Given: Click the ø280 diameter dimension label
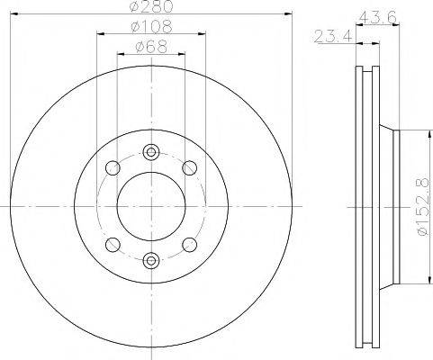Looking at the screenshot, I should click(x=150, y=7).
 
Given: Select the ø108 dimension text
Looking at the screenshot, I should click(x=150, y=28).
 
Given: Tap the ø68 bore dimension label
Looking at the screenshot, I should click(x=150, y=47).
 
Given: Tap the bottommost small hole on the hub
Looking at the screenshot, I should click(x=150, y=261).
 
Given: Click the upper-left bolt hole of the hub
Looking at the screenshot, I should click(x=112, y=167).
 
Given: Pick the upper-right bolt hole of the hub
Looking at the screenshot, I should click(x=189, y=167).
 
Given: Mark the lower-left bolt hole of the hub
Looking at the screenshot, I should click(x=112, y=245).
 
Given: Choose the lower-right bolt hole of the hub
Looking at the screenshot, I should click(x=189, y=245).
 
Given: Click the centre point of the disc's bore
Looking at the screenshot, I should click(x=150, y=206).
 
